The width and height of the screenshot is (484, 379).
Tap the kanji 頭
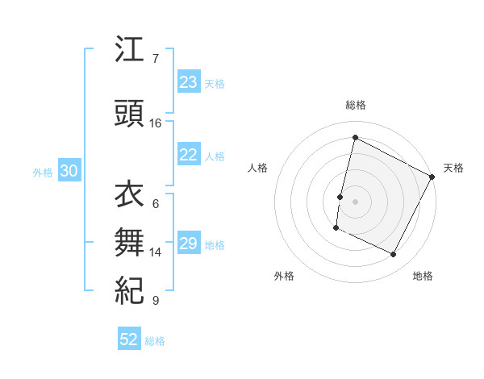click(x=129, y=114)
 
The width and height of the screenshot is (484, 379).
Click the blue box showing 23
click(x=188, y=82)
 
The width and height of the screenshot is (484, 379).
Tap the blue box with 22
click(x=188, y=156)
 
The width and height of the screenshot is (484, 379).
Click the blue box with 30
click(x=69, y=171)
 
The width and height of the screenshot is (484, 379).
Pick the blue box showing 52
click(x=129, y=339)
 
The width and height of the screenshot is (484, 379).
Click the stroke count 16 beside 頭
click(x=156, y=123)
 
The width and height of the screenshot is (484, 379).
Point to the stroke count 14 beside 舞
click(x=156, y=252)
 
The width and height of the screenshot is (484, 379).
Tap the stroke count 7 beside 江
click(x=156, y=59)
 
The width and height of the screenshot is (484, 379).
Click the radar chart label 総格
click(x=356, y=105)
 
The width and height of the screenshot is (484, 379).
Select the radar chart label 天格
click(x=453, y=168)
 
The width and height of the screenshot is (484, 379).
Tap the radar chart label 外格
click(x=284, y=276)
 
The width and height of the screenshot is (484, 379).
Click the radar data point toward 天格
click(x=433, y=176)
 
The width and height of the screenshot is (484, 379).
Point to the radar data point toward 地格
click(x=394, y=255)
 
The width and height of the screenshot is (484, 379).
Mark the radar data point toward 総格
click(x=355, y=138)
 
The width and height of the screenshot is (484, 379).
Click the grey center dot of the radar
click(x=355, y=201)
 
